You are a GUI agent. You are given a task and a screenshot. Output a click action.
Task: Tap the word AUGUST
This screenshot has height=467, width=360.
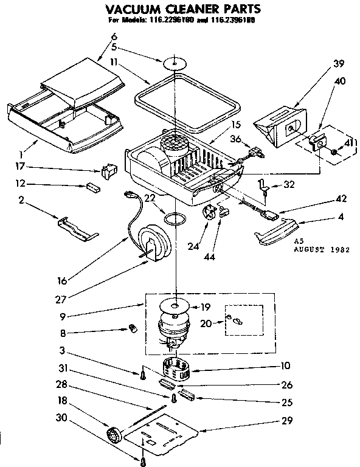tap(308, 249)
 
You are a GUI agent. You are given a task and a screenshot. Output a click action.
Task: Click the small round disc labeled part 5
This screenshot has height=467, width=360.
tap(173, 62)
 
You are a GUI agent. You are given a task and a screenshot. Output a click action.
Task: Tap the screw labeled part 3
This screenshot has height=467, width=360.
tap(142, 375)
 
